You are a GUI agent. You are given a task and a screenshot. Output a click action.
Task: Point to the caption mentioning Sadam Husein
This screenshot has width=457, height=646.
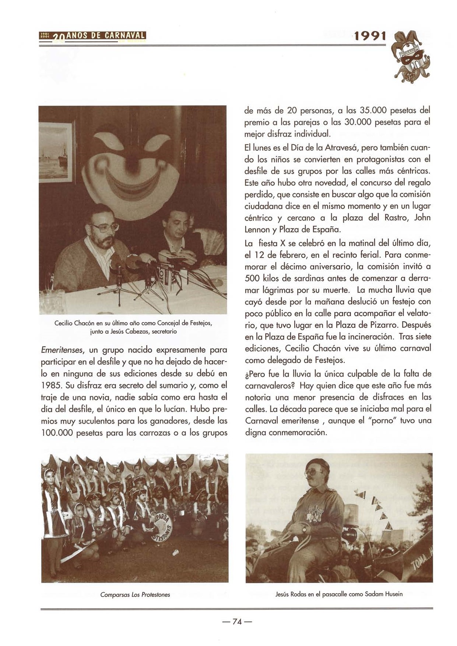click(339, 594)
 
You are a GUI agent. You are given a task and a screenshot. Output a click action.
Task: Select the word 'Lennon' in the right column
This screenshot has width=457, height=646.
click(257, 229)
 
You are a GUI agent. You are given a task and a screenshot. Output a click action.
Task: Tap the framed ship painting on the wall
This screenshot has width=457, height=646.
click(56, 152)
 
